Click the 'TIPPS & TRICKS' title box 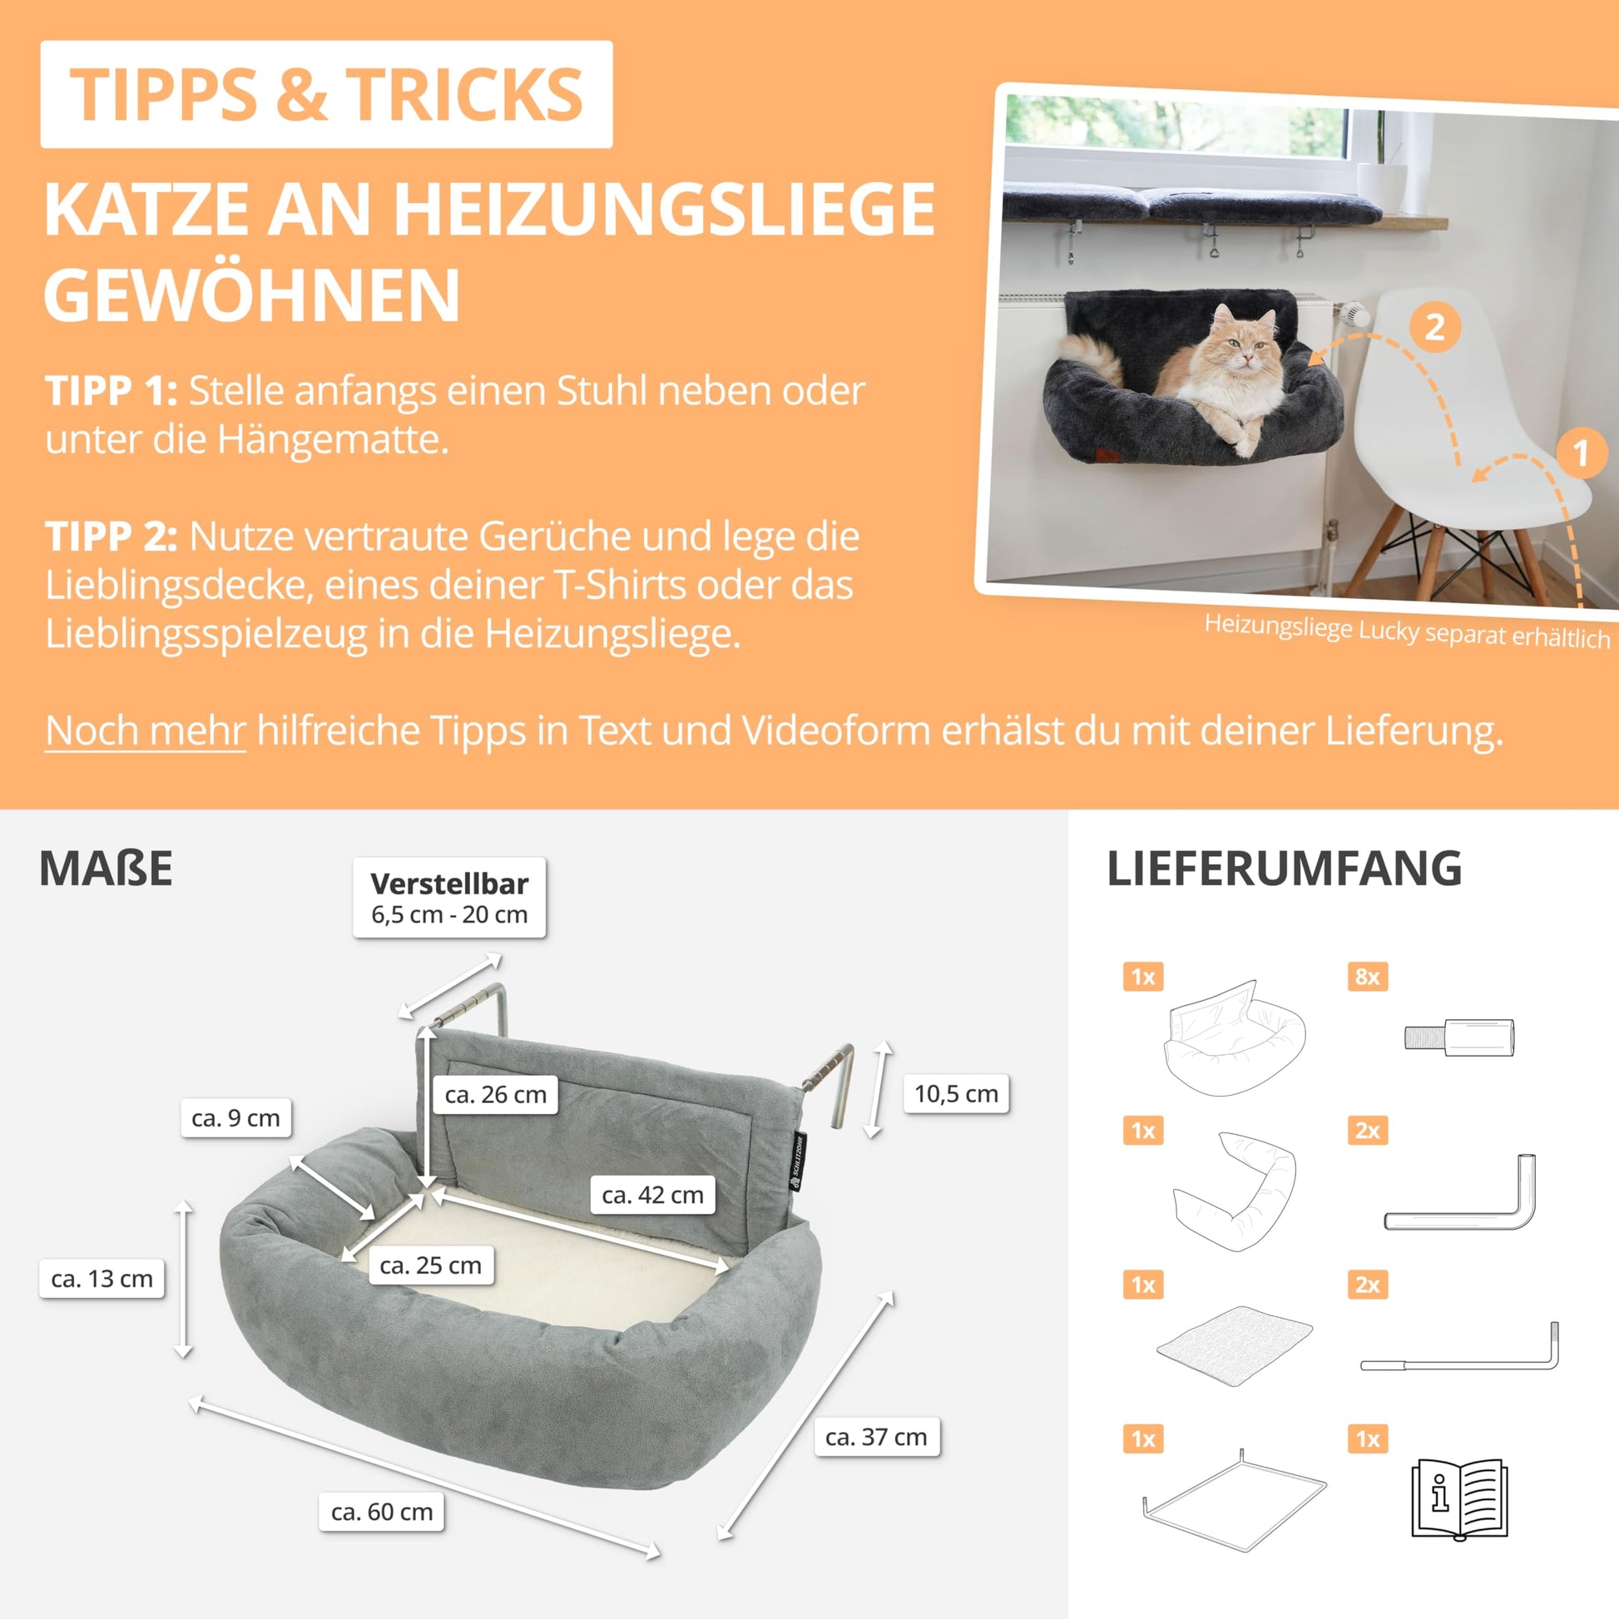coord(326,94)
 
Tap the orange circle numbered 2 coord(1434,327)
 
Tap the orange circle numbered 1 coord(1582,453)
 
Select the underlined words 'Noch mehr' coord(145,730)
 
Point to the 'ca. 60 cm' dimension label coord(381,1511)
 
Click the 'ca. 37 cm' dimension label coord(876,1436)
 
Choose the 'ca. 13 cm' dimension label coord(101,1278)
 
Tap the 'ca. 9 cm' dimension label coord(235,1117)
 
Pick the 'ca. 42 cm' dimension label coord(652,1194)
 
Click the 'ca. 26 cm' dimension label coord(495,1093)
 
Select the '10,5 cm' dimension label coord(956,1092)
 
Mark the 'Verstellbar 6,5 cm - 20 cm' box coord(449,897)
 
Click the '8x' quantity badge coord(1368,976)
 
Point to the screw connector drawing coord(1459,1037)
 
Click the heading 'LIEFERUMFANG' coord(1285,869)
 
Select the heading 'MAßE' coord(106,869)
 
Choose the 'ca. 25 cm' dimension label coord(431,1265)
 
